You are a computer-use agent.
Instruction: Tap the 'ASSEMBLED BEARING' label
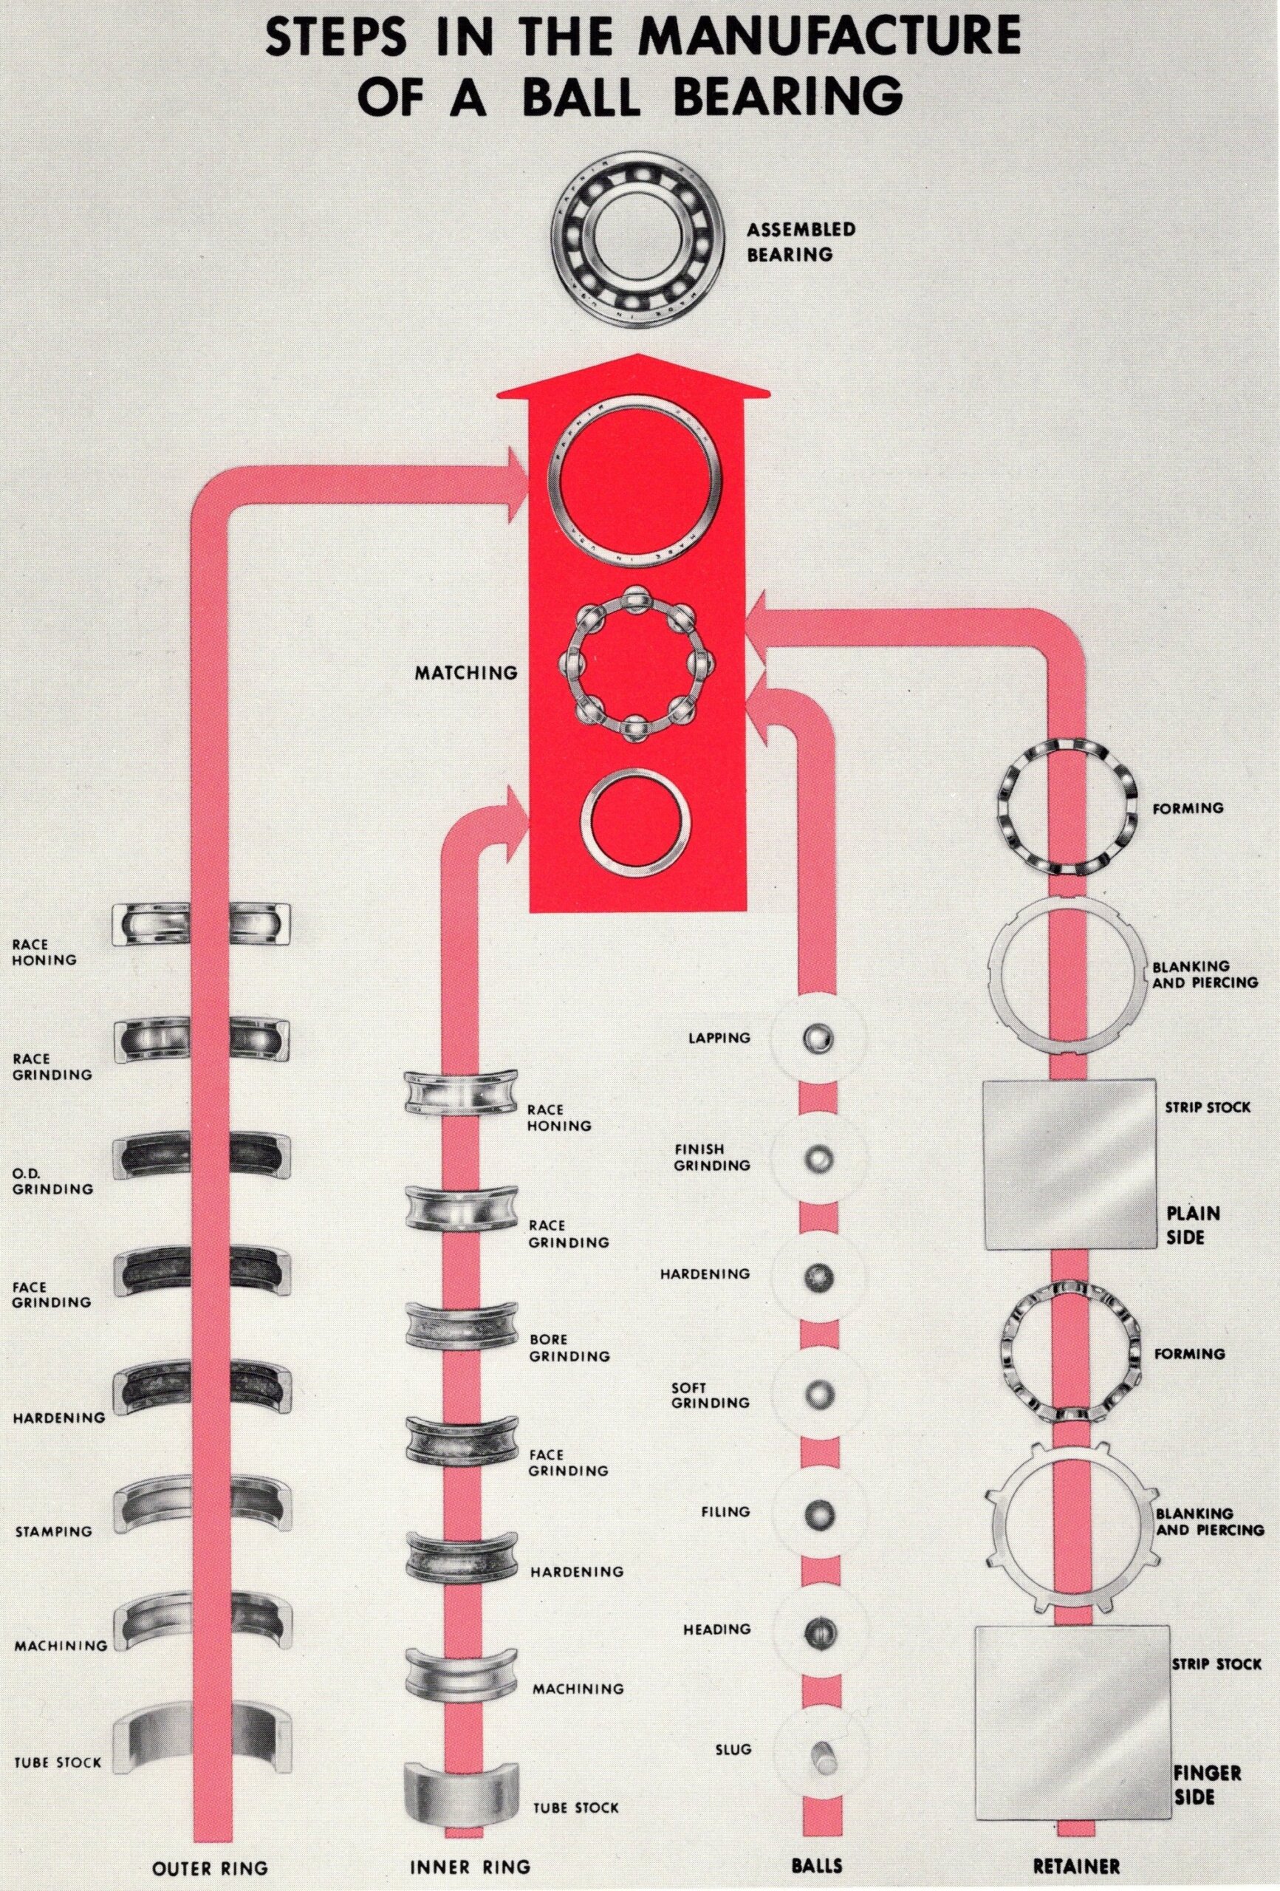801,242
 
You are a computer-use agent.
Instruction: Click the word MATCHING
465,673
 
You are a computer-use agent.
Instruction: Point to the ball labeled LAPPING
816,1039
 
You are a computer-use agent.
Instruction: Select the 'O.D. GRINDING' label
53,1180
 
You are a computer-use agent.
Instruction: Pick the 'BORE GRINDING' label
569,1347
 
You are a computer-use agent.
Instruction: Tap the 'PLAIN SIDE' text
1194,1225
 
